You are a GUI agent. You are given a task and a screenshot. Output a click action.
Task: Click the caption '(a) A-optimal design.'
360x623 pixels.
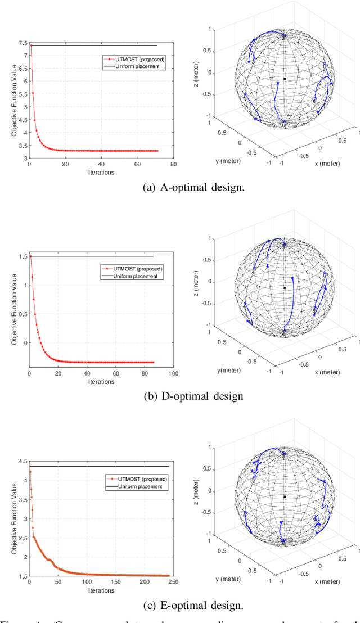click(180, 187)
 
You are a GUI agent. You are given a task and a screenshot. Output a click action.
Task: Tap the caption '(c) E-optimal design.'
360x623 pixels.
click(180, 605)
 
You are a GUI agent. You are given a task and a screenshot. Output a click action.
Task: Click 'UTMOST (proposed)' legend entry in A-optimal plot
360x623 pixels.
click(133, 58)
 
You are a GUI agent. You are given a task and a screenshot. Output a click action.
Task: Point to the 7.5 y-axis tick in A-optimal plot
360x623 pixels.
click(22, 43)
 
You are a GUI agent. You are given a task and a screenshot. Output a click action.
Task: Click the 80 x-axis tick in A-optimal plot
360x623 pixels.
click(173, 165)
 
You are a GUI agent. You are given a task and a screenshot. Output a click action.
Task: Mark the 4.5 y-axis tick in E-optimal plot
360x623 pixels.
click(22, 461)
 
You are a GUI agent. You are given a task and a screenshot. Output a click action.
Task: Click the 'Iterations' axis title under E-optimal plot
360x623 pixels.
click(101, 590)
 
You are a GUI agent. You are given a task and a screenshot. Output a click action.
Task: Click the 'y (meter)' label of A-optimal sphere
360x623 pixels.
click(228, 161)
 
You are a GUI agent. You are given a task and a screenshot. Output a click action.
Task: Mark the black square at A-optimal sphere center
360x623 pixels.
click(285, 79)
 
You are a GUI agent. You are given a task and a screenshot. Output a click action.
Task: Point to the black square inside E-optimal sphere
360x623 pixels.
click(285, 496)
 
